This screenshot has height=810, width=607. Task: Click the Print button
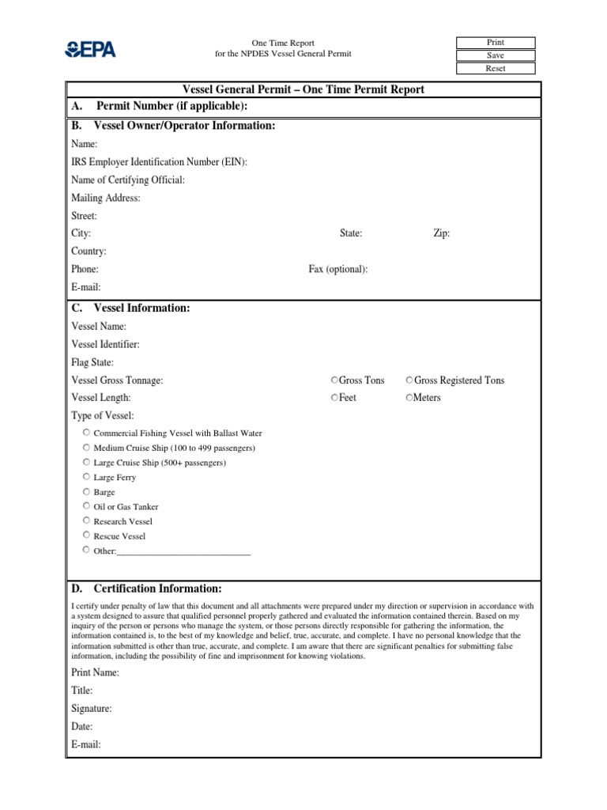pyautogui.click(x=496, y=43)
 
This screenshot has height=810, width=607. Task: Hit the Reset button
pyautogui.click(x=496, y=69)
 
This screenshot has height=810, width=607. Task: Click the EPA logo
pyautogui.click(x=90, y=49)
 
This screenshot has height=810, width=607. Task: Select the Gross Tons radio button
pyautogui.click(x=335, y=380)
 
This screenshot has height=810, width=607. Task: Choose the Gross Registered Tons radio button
pyautogui.click(x=409, y=380)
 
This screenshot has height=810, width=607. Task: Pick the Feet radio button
pyautogui.click(x=335, y=397)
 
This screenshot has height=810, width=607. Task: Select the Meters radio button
pyautogui.click(x=409, y=397)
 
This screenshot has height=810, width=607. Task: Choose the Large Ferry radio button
pyautogui.click(x=85, y=477)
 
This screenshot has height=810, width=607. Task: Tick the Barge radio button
pyautogui.click(x=85, y=491)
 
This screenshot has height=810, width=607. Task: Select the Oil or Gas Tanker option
pyautogui.click(x=85, y=506)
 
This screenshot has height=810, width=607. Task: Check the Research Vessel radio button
pyautogui.click(x=85, y=520)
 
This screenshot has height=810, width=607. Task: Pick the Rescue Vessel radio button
pyautogui.click(x=85, y=536)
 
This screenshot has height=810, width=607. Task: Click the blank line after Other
pyautogui.click(x=183, y=551)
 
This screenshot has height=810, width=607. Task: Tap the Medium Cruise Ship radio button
pyautogui.click(x=85, y=448)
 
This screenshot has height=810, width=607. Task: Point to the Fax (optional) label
pyautogui.click(x=337, y=269)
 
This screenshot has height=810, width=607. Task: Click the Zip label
pyautogui.click(x=442, y=233)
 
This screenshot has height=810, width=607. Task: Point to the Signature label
pyautogui.click(x=91, y=709)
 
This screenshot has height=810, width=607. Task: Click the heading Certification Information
pyautogui.click(x=157, y=589)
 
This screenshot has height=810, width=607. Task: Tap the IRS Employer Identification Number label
pyautogui.click(x=159, y=162)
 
